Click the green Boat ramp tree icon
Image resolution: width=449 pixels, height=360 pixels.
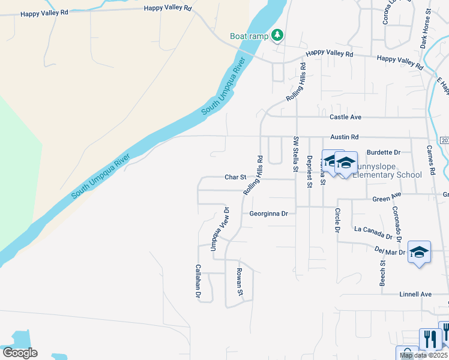pyautogui.click(x=277, y=36)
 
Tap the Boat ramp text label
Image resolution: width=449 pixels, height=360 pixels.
pyautogui.click(x=249, y=37)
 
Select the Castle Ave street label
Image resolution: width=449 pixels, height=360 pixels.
pyautogui.click(x=346, y=117)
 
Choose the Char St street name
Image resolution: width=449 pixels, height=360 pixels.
pyautogui.click(x=236, y=177)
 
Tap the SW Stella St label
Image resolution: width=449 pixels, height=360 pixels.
pyautogui.click(x=295, y=155)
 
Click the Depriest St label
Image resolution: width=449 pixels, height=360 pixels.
pyautogui.click(x=309, y=172)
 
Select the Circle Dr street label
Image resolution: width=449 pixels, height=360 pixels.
pyautogui.click(x=337, y=220)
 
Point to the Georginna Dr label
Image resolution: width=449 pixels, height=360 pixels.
pyautogui.click(x=269, y=214)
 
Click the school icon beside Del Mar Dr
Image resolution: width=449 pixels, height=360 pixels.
pyautogui.click(x=419, y=252)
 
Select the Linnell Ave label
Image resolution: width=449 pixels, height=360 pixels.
pyautogui.click(x=416, y=294)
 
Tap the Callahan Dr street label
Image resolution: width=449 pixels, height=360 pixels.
pyautogui.click(x=197, y=282)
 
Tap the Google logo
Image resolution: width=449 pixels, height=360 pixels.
pyautogui.click(x=20, y=353)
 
